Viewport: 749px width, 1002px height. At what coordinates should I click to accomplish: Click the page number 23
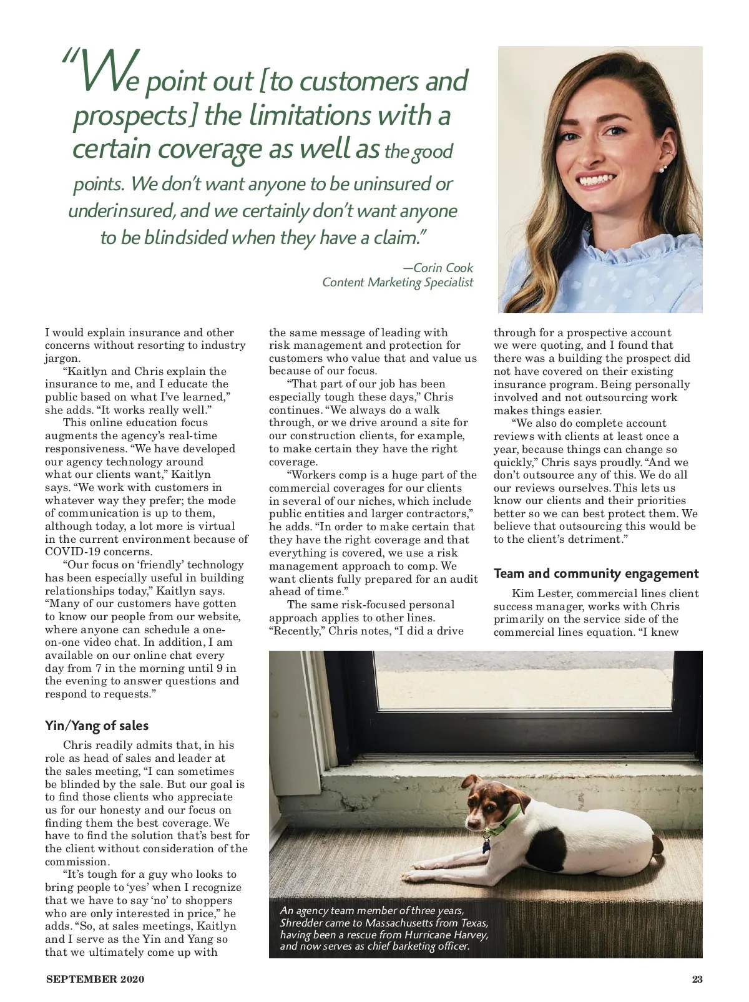coord(697,979)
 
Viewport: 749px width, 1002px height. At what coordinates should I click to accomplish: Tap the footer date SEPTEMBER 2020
coord(95,979)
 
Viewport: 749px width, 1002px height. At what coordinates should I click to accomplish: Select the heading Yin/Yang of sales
coord(97,726)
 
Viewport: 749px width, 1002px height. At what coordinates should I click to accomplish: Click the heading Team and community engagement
coord(596,573)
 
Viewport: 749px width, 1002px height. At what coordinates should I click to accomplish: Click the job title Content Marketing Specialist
coord(398,282)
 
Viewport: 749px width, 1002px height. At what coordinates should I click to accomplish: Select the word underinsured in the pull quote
coord(122,210)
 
